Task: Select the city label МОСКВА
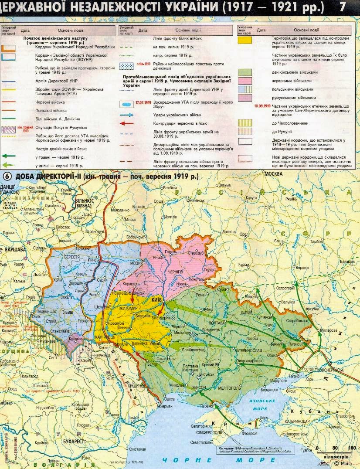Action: pyautogui.click(x=274, y=173)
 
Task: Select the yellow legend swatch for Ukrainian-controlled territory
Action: pyautogui.click(x=245, y=40)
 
